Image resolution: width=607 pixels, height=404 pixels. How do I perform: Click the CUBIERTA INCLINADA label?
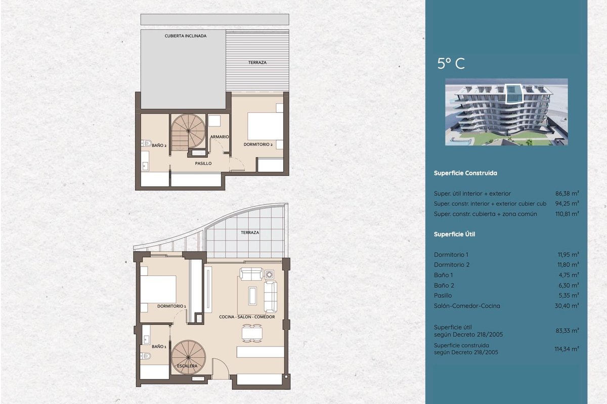pyautogui.click(x=185, y=36)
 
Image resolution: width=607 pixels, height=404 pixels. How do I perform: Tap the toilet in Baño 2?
pyautogui.click(x=146, y=143)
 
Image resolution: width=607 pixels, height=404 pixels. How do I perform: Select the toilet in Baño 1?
pyautogui.click(x=146, y=356)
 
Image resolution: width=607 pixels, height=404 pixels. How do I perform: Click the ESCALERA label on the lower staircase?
pyautogui.click(x=187, y=366)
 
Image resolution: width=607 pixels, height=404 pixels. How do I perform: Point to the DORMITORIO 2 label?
pyautogui.click(x=258, y=144)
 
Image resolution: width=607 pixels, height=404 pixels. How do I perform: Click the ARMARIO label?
pyautogui.click(x=220, y=137)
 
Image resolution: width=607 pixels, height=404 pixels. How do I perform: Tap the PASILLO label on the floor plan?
pyautogui.click(x=203, y=164)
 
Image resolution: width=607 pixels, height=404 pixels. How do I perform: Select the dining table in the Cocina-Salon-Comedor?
pyautogui.click(x=252, y=333)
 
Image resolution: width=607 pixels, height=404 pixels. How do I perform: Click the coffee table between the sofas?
pyautogui.click(x=252, y=296)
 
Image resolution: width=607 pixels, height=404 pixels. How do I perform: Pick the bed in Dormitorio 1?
pyautogui.click(x=158, y=289)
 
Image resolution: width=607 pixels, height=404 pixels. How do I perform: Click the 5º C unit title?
pyautogui.click(x=451, y=64)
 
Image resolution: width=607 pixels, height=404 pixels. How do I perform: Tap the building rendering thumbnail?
pyautogui.click(x=506, y=112)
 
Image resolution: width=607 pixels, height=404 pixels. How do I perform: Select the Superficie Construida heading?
pyautogui.click(x=465, y=173)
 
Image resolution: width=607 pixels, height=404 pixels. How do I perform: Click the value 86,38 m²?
pyautogui.click(x=567, y=193)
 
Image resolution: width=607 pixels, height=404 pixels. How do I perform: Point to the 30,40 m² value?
pyautogui.click(x=567, y=306)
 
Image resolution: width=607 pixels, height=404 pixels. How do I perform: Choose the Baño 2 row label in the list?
pyautogui.click(x=444, y=285)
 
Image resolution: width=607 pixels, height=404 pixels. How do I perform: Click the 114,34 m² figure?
pyautogui.click(x=567, y=349)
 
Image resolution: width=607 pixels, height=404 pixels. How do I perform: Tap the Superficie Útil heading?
pyautogui.click(x=454, y=234)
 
